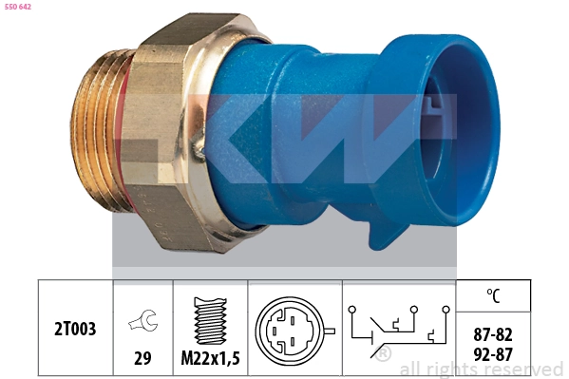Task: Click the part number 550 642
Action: [18, 7]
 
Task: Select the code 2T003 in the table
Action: [75, 329]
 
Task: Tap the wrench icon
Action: [142, 320]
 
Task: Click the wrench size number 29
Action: [142, 358]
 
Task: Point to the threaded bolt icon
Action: [211, 320]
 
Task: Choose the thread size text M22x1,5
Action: [211, 359]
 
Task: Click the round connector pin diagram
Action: [290, 332]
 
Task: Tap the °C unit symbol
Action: [493, 295]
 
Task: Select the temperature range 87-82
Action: [493, 334]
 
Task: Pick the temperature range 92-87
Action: [493, 354]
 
